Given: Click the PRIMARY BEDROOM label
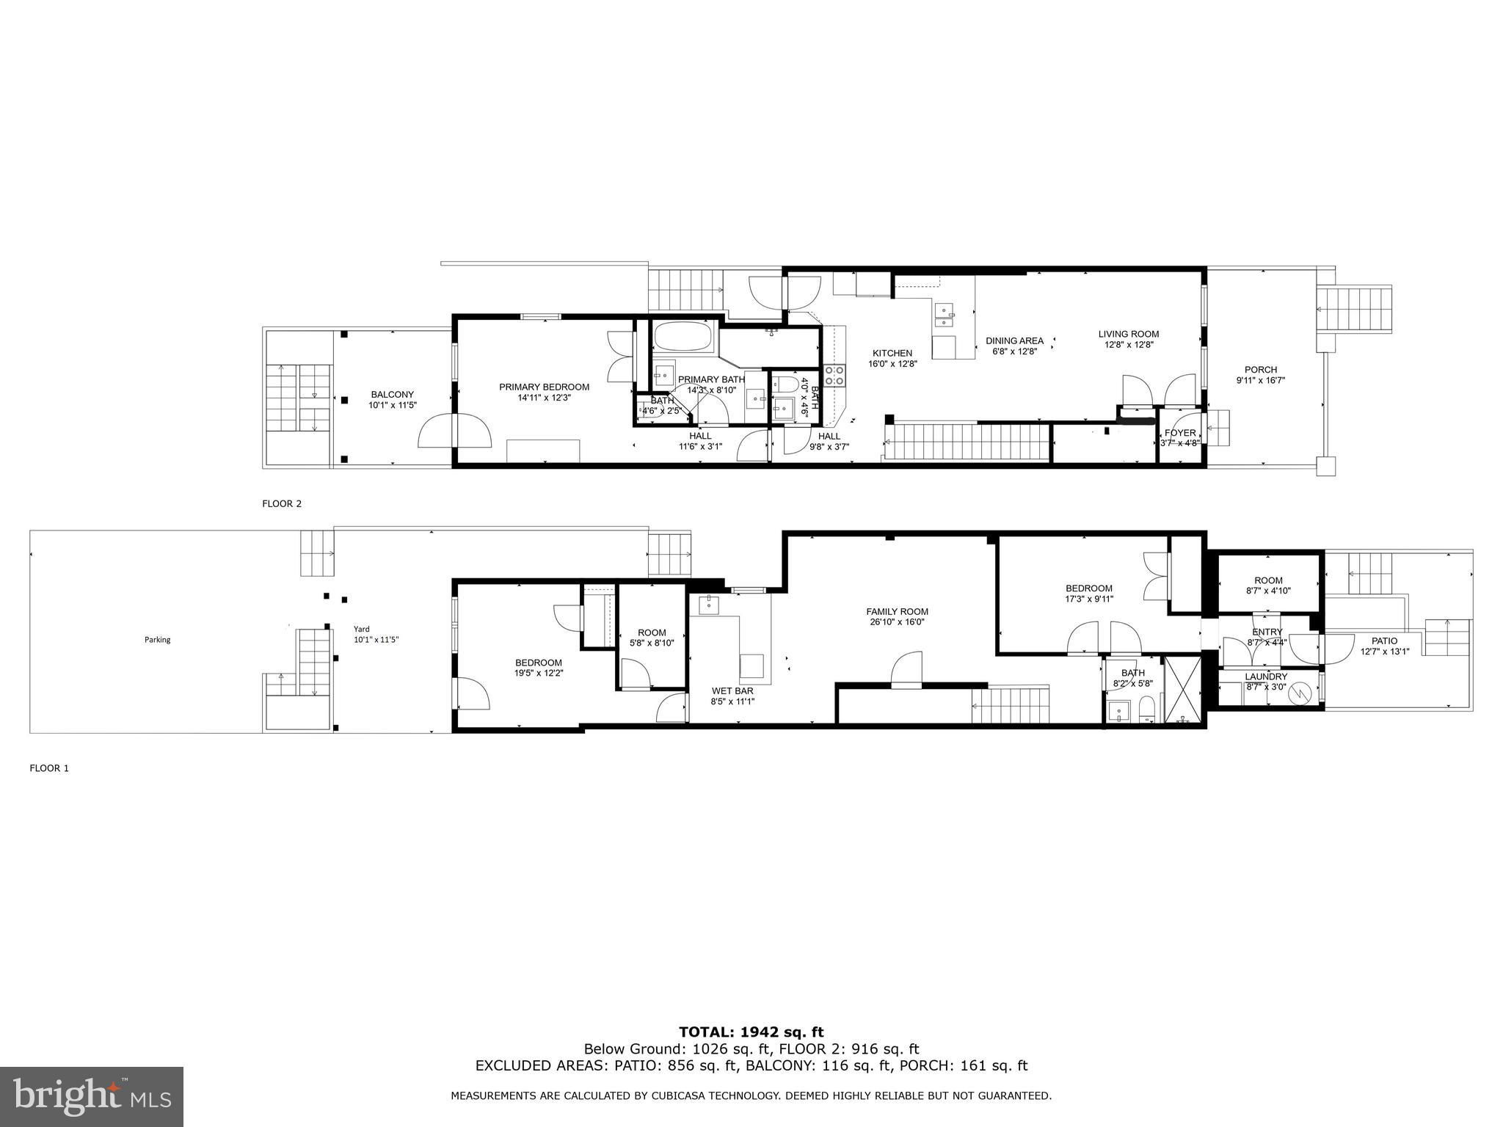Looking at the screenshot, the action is tap(544, 387).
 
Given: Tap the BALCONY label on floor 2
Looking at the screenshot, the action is tap(392, 395).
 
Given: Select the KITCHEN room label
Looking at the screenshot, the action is tap(892, 354).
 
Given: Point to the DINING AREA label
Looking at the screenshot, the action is tap(1014, 341).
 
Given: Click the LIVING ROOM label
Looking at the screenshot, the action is tap(1129, 335).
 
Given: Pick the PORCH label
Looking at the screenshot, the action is tap(1261, 370).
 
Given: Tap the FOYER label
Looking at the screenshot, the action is tap(1180, 433).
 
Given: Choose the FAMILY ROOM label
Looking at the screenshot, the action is tap(897, 612).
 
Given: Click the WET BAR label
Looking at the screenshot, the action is tap(732, 691).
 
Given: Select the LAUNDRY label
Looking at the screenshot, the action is tap(1266, 676).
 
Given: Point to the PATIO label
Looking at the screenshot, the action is tap(1384, 641).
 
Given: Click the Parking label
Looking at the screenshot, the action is tap(157, 640).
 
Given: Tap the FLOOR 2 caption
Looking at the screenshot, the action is tap(282, 504).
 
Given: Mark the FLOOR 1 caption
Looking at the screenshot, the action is tap(49, 768).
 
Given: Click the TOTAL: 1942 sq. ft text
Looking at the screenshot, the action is tap(751, 1032).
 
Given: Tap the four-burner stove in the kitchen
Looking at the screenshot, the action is tap(834, 376).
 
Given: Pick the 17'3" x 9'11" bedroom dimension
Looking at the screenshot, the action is tap(1089, 599).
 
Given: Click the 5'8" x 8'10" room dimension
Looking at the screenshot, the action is tap(652, 643).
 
